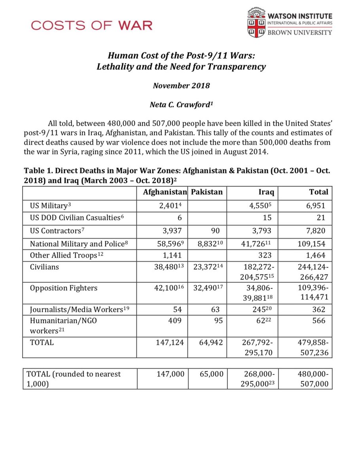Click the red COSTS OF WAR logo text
pyautogui.click(x=91, y=26)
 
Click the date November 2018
pyautogui.click(x=181, y=86)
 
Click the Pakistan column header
pyautogui.click(x=207, y=192)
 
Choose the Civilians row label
pyautogui.click(x=44, y=267)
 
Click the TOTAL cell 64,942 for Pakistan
pyautogui.click(x=210, y=343)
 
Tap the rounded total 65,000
pyautogui.click(x=211, y=374)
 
